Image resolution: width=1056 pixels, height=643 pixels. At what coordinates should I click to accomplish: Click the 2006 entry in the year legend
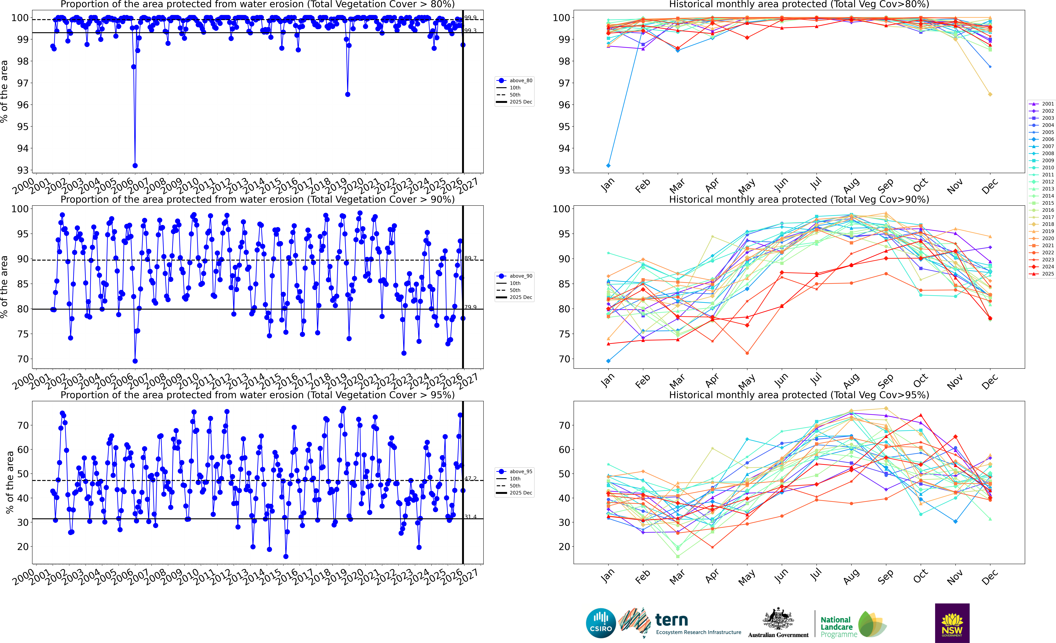(1047, 139)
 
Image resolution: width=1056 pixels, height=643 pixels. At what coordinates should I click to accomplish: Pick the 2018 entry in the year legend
(1047, 224)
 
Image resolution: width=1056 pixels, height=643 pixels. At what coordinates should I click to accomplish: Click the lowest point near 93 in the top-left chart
(135, 165)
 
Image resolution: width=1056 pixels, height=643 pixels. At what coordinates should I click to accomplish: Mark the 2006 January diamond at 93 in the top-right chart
(608, 165)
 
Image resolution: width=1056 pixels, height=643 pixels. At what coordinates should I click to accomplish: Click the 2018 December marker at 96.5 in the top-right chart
(990, 94)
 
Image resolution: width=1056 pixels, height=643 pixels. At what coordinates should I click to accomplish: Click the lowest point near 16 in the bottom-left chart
(286, 556)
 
